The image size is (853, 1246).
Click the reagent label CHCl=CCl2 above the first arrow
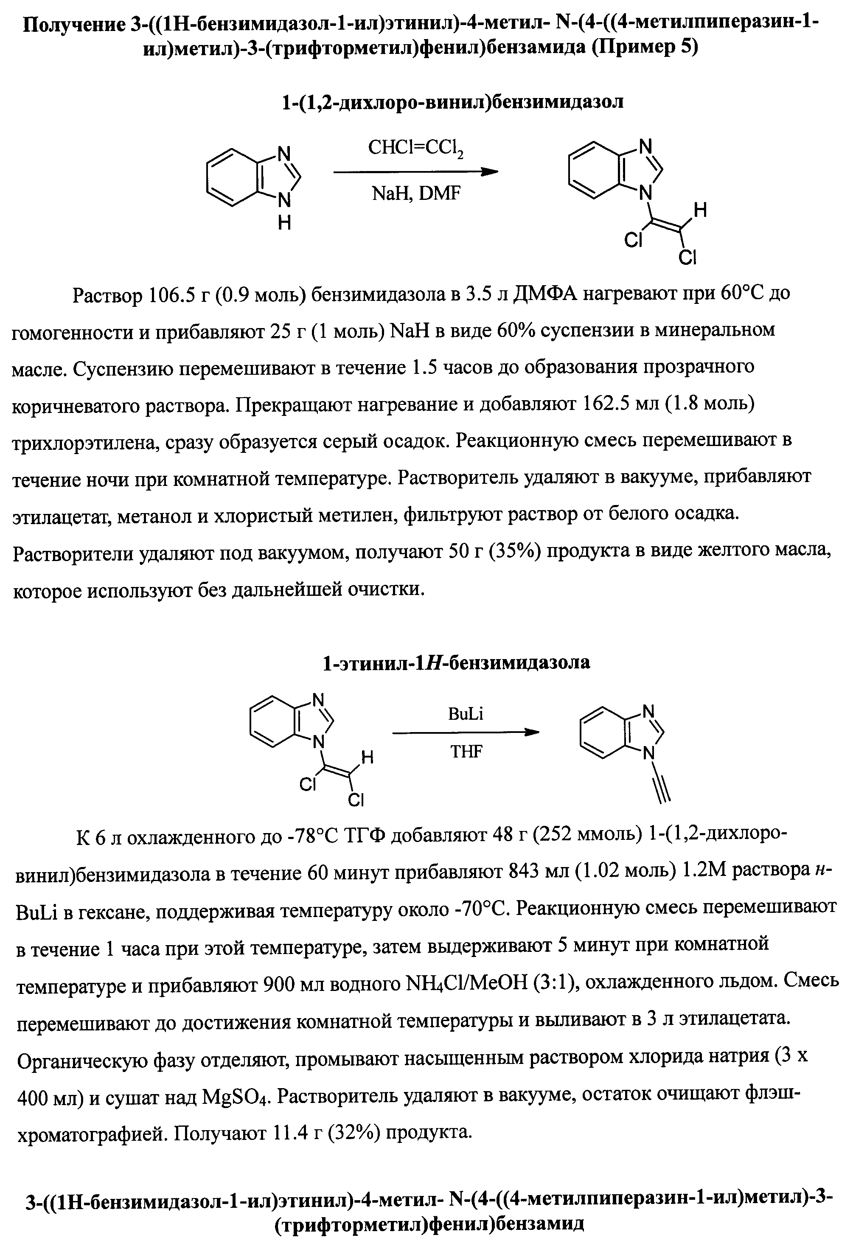[x=415, y=150]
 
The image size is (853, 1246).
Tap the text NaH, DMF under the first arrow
[x=415, y=193]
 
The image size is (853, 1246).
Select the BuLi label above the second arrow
[x=466, y=714]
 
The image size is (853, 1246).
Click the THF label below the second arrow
[x=466, y=752]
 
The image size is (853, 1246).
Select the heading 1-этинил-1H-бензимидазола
[x=456, y=662]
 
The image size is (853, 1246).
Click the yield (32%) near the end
[x=354, y=1133]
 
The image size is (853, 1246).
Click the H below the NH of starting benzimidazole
[x=284, y=222]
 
